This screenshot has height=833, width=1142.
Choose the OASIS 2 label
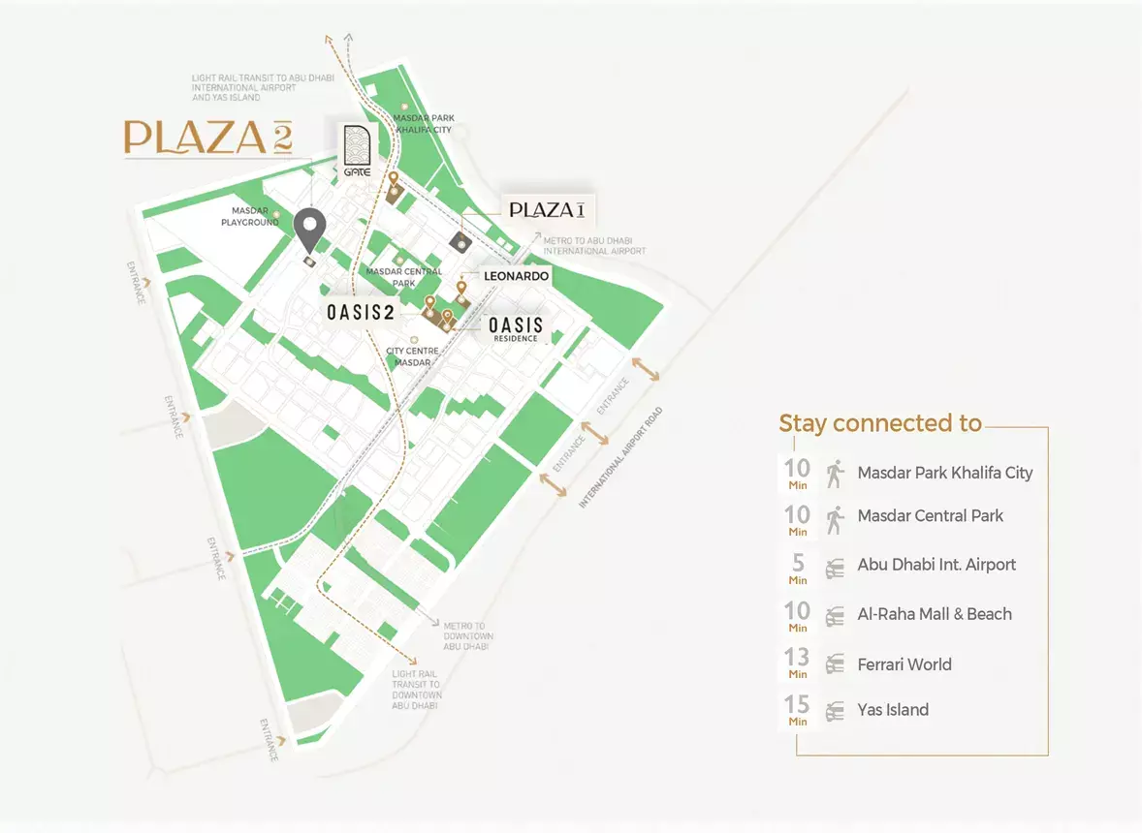point(360,313)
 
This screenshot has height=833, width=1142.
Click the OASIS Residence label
point(516,328)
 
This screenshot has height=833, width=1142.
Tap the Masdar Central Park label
point(404,277)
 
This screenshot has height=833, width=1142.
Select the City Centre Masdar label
point(413,355)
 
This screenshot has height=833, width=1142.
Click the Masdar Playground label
point(255,216)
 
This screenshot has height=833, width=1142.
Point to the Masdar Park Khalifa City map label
point(424,124)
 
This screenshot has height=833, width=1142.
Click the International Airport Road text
point(621,458)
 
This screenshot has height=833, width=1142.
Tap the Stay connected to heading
point(880,423)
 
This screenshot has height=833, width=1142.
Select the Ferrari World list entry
point(904,664)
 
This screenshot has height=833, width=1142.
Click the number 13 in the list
point(797,659)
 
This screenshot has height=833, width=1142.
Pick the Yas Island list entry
point(893,710)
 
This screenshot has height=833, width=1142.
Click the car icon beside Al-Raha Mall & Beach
point(835,615)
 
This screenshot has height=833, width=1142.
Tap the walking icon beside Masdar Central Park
point(835,520)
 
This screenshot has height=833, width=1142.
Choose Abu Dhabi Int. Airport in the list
point(936,565)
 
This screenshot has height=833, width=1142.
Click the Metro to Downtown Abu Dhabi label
point(468,636)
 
